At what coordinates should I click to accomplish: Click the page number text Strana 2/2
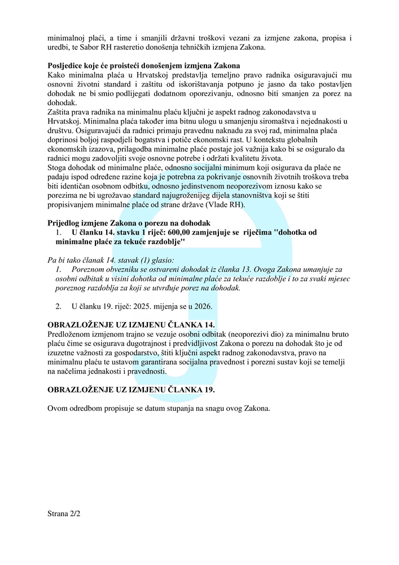pyautogui.click(x=65, y=515)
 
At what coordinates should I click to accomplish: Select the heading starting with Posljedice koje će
pyautogui.click(x=144, y=66)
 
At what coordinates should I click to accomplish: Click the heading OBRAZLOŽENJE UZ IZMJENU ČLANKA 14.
pyautogui.click(x=131, y=325)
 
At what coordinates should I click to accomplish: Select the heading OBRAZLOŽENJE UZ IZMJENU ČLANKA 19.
pyautogui.click(x=131, y=390)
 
